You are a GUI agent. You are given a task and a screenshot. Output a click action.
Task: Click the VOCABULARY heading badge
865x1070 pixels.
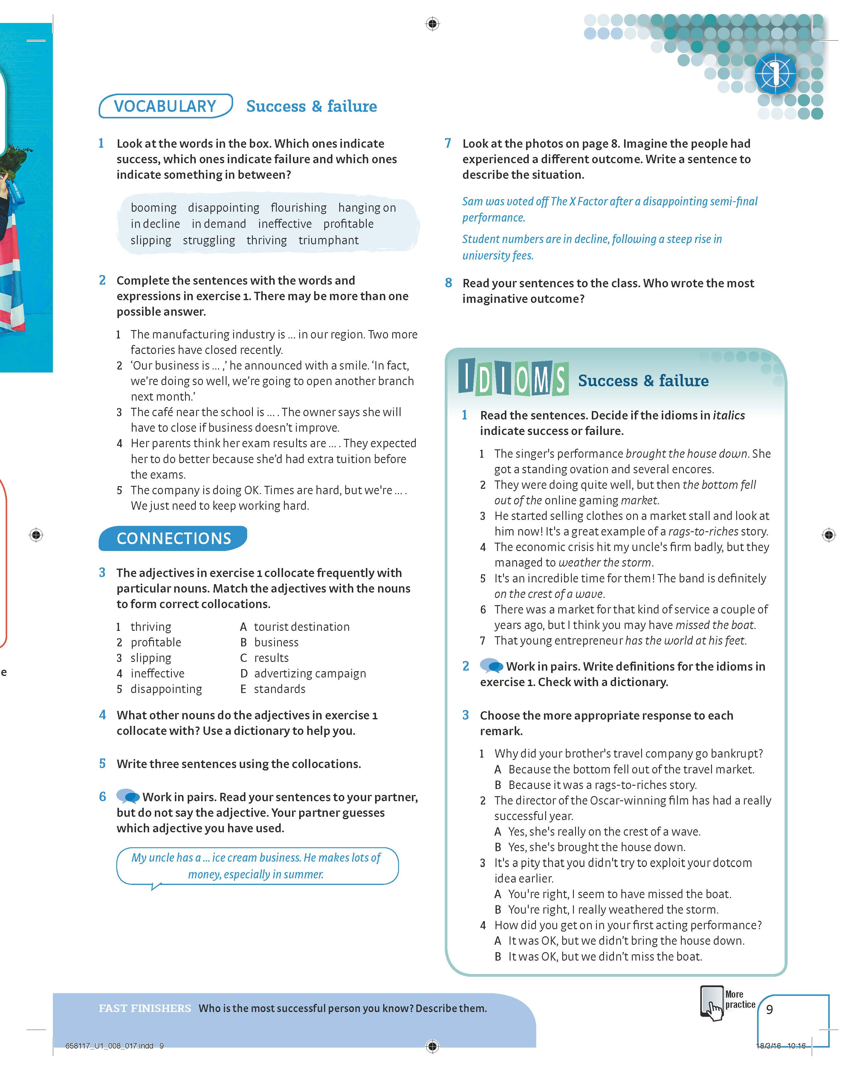(x=165, y=106)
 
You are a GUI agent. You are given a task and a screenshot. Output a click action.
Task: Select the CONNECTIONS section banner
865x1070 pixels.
(x=173, y=538)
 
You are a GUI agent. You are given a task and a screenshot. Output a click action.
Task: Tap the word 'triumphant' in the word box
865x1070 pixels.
(x=328, y=240)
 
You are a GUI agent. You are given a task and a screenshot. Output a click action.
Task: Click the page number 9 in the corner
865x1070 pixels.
(x=769, y=1009)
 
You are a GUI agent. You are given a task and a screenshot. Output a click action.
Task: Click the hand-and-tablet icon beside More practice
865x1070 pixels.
(x=712, y=1003)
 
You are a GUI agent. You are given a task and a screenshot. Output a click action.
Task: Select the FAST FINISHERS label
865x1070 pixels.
(x=144, y=1008)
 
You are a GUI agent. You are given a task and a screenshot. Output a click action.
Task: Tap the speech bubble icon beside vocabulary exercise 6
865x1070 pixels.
(x=128, y=796)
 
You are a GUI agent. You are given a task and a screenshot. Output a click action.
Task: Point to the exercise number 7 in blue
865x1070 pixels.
(x=448, y=144)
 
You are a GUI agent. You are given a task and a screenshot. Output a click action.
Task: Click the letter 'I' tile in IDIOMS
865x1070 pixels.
(x=466, y=376)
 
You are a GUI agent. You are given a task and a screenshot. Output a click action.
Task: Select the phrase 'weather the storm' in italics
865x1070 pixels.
(x=605, y=563)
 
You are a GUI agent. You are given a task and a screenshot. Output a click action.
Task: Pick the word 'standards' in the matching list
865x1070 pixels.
(x=279, y=689)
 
